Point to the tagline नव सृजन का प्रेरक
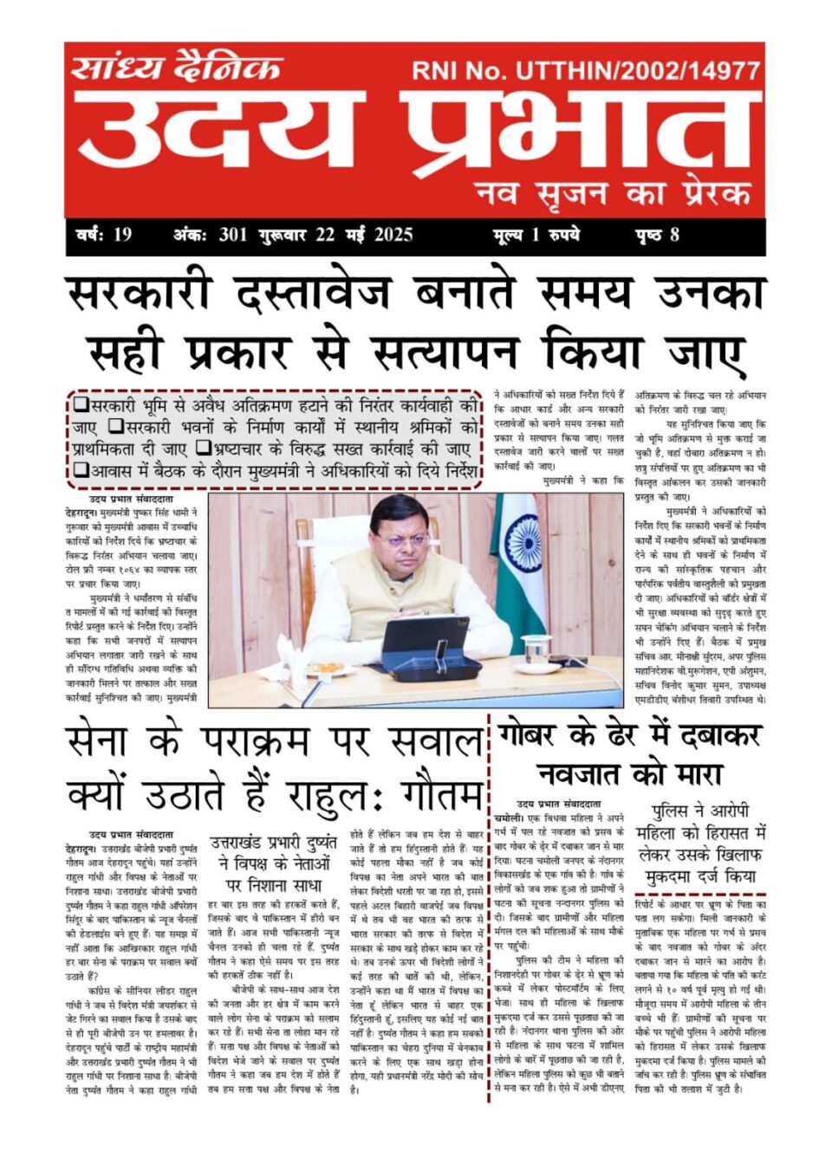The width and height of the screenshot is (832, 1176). click(x=612, y=192)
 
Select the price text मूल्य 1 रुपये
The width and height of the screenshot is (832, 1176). click(x=536, y=235)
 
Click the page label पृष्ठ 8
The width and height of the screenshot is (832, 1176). click(x=657, y=235)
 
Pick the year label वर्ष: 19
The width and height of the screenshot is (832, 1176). click(x=104, y=235)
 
